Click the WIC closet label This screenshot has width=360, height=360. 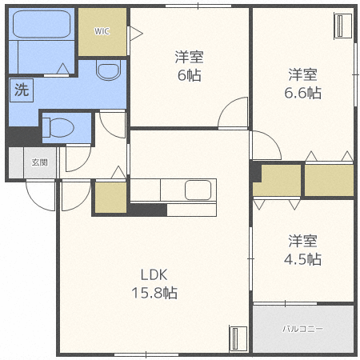click(x=102, y=31)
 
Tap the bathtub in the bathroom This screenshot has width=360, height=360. click(x=42, y=24)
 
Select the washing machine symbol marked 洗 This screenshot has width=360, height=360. click(x=22, y=90)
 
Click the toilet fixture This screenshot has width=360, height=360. click(x=58, y=127)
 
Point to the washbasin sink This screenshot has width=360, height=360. click(x=108, y=70)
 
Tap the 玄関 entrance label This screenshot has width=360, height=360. click(x=40, y=162)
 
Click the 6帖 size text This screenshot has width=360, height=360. click(x=190, y=75)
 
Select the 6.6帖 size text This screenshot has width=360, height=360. click(x=302, y=93)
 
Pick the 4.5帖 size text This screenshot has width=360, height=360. click(x=302, y=259)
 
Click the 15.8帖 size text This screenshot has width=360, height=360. click(x=154, y=293)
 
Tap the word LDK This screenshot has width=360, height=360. click(x=154, y=274)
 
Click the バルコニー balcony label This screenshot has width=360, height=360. click(x=303, y=329)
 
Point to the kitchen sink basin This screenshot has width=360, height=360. click(x=198, y=190)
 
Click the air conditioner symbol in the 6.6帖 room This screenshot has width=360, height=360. click(x=343, y=26)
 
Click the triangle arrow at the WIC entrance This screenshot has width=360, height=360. click(x=136, y=34)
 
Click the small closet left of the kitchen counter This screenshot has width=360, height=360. click(x=110, y=198)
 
